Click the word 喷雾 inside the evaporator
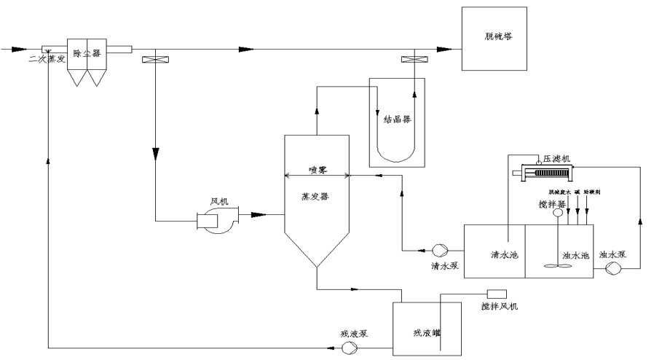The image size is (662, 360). [x=317, y=169]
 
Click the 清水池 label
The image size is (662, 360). [x=503, y=255]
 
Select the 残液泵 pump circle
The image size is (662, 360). [x=350, y=347]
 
